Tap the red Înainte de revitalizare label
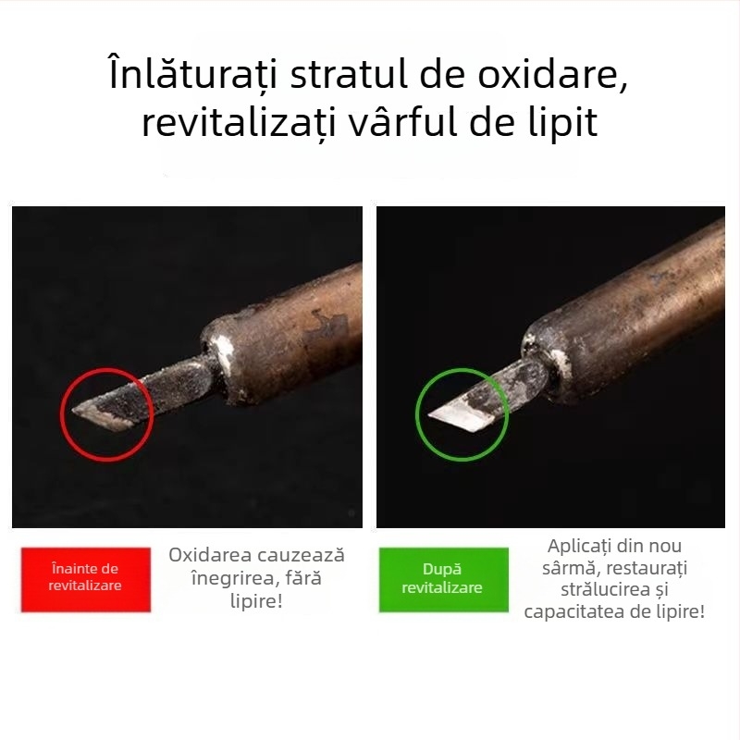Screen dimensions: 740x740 pos(85,577)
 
